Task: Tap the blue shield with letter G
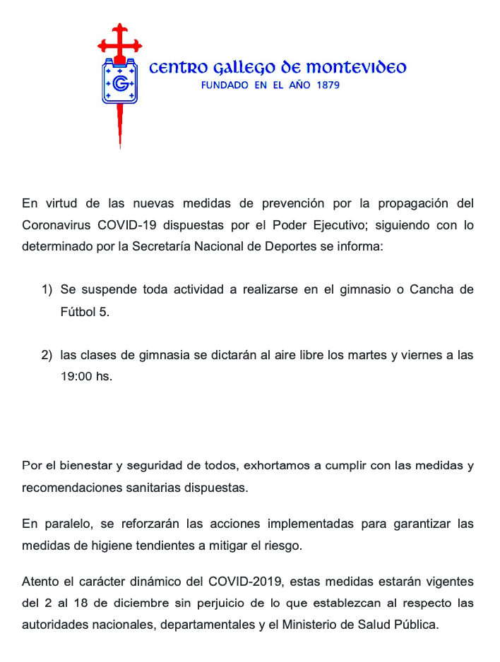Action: click(120, 83)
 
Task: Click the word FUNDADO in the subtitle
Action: click(225, 85)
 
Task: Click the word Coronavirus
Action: click(56, 225)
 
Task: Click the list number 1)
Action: click(47, 290)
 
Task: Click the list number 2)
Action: click(47, 355)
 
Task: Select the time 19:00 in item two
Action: click(77, 376)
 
